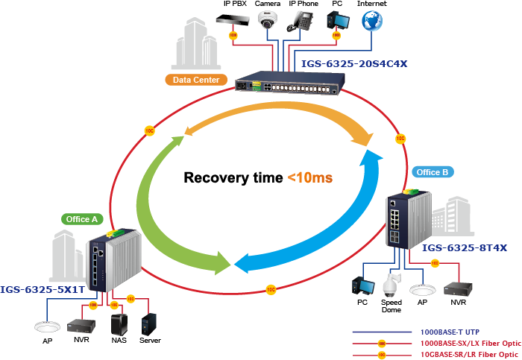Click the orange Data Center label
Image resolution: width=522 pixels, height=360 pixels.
[x=196, y=80]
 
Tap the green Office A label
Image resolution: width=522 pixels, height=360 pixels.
[x=81, y=219]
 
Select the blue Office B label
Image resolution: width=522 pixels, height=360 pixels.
[x=433, y=172]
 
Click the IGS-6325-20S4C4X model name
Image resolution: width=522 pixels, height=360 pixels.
[x=354, y=64]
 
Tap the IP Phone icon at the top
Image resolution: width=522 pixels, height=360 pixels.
[x=304, y=20]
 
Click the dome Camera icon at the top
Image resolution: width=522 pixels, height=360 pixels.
[x=268, y=20]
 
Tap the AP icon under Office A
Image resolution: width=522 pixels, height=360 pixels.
[x=46, y=326]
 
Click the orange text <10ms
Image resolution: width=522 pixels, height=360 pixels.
[x=309, y=178]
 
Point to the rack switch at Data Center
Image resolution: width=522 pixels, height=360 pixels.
[x=290, y=87]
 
